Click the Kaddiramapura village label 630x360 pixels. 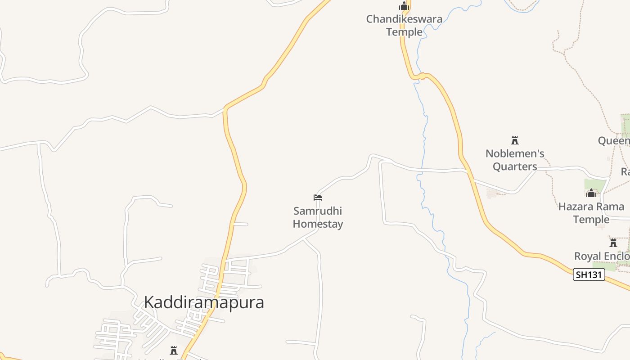(x=204, y=302)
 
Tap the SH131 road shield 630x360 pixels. (x=589, y=274)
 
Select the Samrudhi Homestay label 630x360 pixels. (x=318, y=217)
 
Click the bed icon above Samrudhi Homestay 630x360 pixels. (x=318, y=197)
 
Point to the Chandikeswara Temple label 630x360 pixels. (x=404, y=26)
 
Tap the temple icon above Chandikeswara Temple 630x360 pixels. (x=404, y=6)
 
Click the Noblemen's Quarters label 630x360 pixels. (x=515, y=160)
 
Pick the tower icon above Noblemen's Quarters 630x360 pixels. (x=515, y=140)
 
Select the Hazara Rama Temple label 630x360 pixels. (x=590, y=213)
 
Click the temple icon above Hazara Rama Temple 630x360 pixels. (x=591, y=193)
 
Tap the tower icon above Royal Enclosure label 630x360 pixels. (x=613, y=243)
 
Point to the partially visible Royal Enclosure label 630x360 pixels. (x=602, y=256)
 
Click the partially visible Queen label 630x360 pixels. (x=614, y=141)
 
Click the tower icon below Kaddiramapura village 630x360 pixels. (x=174, y=350)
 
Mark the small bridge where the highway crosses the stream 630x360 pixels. (x=422, y=76)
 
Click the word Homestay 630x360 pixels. (x=318, y=224)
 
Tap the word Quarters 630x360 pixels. (x=515, y=166)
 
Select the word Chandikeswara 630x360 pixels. (x=404, y=19)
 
